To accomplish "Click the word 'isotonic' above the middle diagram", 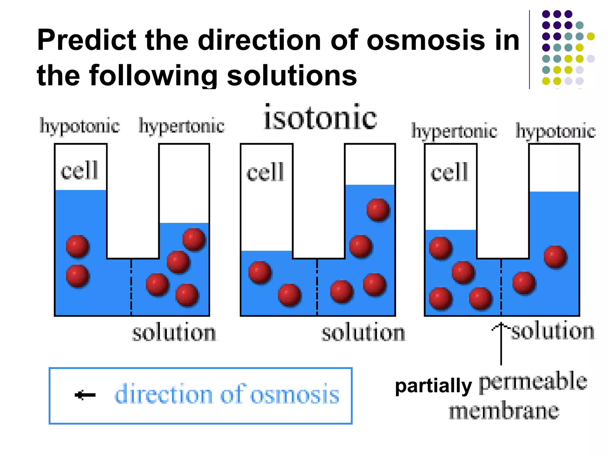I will [320, 118].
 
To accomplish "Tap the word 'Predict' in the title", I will [86, 40].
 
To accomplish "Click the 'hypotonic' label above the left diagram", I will [80, 126].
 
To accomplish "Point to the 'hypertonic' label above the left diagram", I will [181, 126].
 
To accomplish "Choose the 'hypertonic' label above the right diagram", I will [454, 131].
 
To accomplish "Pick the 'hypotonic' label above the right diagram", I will [555, 131].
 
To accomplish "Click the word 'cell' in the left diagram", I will [79, 170].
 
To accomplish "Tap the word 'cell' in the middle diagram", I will [265, 172].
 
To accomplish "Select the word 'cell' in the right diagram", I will [449, 172].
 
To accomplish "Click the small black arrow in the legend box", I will [85, 395].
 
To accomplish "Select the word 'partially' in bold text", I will [433, 386].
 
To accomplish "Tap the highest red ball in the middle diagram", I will [378, 210].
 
